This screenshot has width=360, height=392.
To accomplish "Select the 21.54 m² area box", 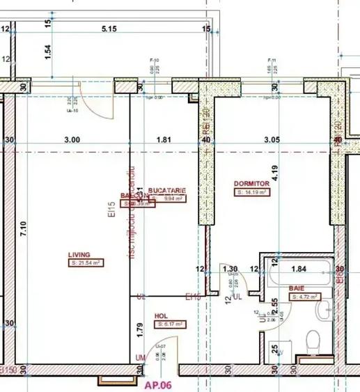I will (x=85, y=263).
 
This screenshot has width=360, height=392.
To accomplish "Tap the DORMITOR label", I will (x=251, y=183).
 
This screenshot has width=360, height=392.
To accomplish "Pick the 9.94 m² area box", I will (x=173, y=198).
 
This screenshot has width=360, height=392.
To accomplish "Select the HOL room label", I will (x=162, y=315).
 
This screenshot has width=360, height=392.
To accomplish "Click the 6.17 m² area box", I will (x=171, y=324).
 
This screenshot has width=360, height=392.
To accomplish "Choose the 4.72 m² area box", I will (x=305, y=297).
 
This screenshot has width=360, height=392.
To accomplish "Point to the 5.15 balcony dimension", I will (x=108, y=29).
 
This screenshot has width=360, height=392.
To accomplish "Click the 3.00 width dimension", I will (x=72, y=139).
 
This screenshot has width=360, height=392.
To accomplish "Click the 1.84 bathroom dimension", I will (x=298, y=269).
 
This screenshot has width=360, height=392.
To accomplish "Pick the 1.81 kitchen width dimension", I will (x=164, y=139).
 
